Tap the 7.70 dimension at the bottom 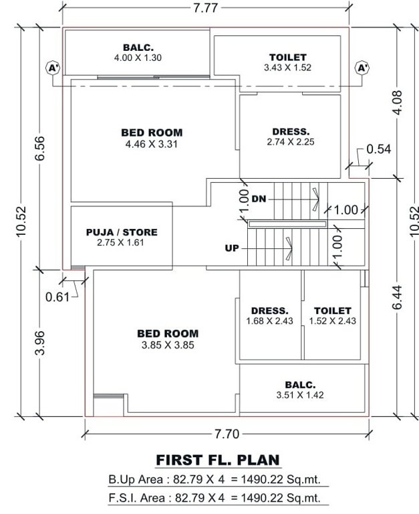tap(227, 434)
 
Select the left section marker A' tap(52, 68)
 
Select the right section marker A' tap(362, 68)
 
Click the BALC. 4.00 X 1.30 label tap(138, 53)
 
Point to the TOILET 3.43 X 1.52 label tap(287, 62)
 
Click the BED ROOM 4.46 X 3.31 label tap(152, 138)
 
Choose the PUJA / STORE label tap(122, 237)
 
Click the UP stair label tap(232, 248)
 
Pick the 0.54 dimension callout tap(379, 149)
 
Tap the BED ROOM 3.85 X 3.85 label tap(168, 339)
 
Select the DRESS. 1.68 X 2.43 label tap(269, 316)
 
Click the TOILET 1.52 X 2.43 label tap(332, 316)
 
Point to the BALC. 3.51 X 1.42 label tap(299, 390)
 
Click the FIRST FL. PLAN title tap(218, 460)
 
